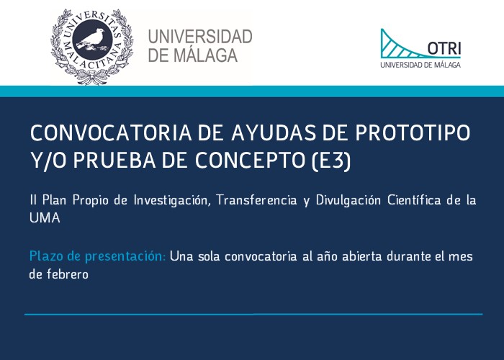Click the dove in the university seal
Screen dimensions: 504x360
click(92, 40)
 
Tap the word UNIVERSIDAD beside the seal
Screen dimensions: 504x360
click(200, 37)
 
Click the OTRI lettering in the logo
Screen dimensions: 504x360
click(444, 48)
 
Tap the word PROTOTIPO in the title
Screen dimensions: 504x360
click(413, 132)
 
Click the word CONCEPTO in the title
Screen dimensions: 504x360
click(250, 160)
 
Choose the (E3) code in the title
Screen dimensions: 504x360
click(330, 161)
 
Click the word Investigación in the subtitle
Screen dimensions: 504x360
click(172, 200)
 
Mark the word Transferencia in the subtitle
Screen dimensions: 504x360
click(256, 200)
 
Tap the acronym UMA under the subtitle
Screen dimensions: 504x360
click(45, 218)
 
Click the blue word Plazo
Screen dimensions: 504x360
click(45, 256)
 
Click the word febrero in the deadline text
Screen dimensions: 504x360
click(68, 274)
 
